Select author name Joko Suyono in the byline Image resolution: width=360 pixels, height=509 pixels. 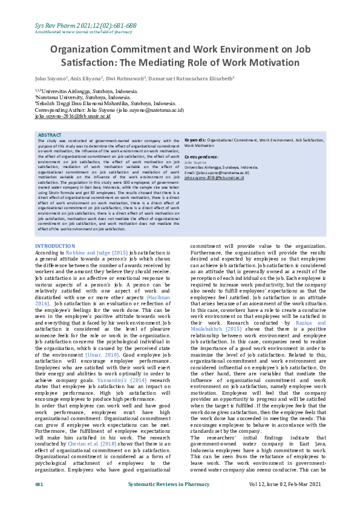coord(51,79)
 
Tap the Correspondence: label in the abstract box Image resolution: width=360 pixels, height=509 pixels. coord(201,157)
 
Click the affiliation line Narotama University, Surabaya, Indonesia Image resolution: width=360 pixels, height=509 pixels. coord(83,97)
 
